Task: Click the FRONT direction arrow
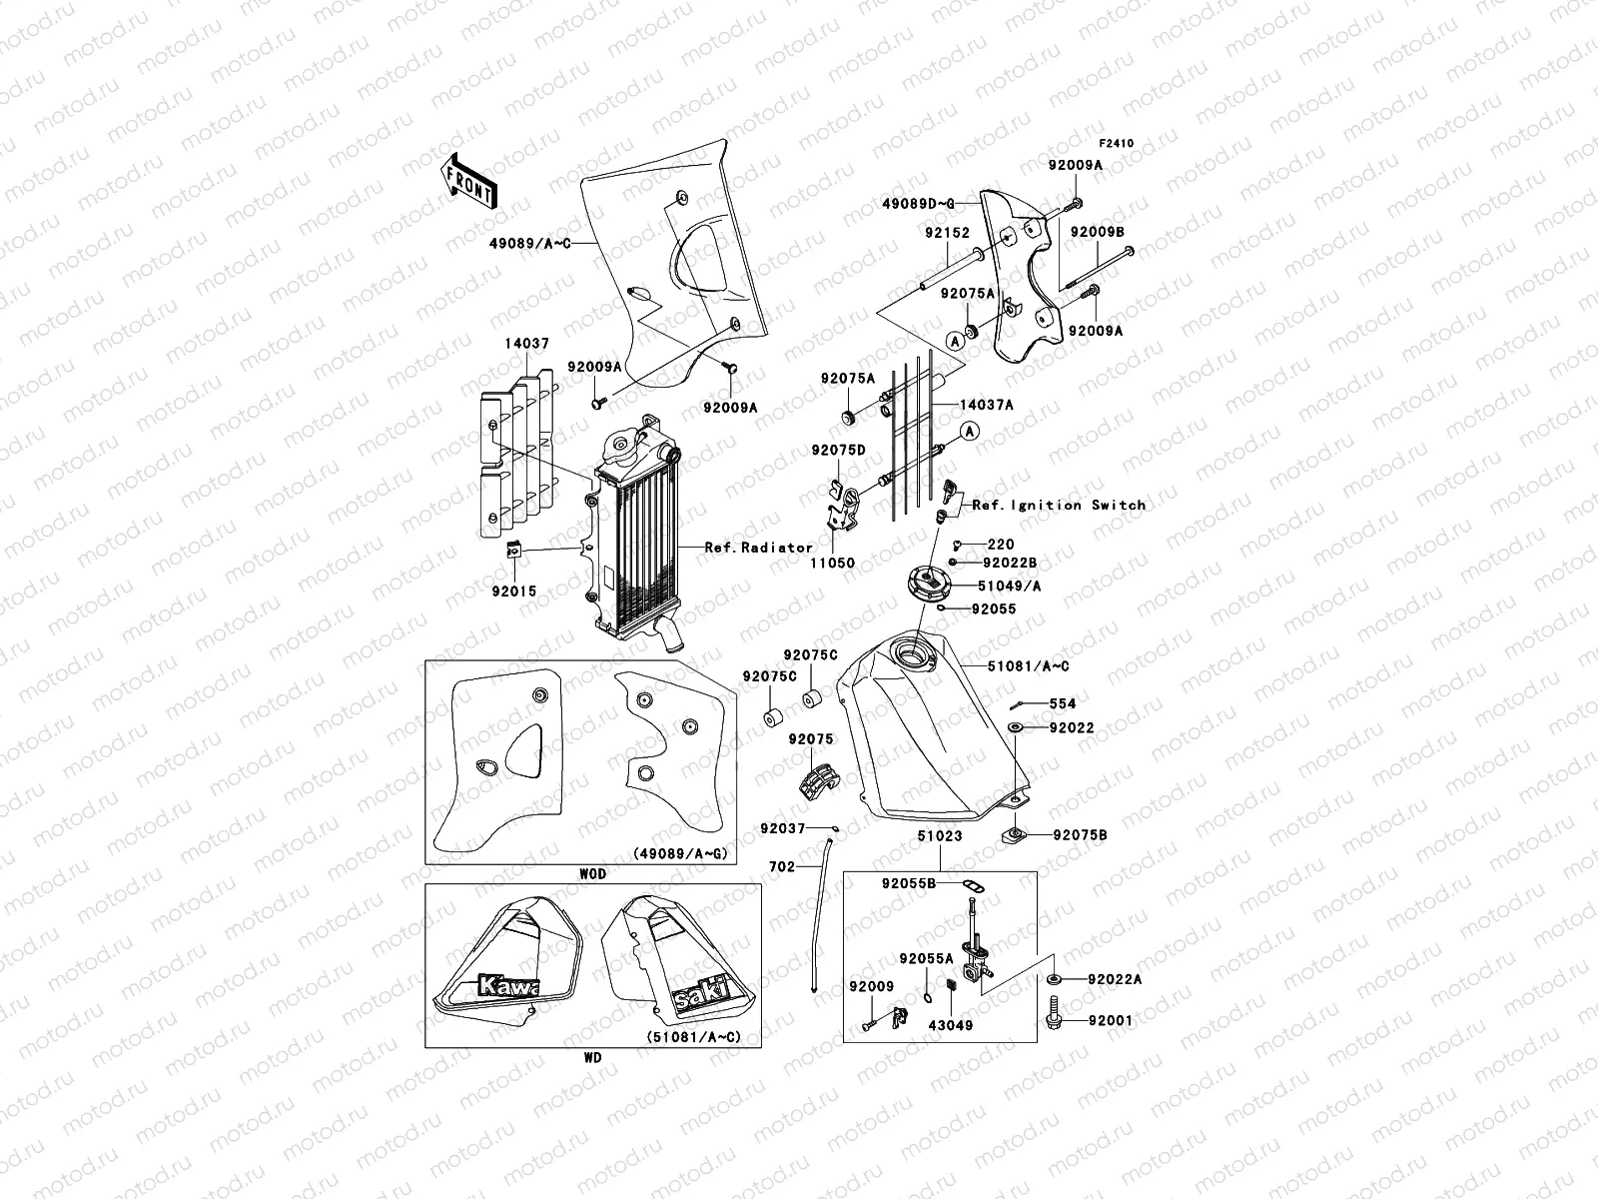(x=468, y=181)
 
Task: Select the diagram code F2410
(x=1116, y=144)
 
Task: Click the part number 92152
(x=947, y=233)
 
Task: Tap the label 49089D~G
(x=918, y=204)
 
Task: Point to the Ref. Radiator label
(x=759, y=547)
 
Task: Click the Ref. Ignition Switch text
(x=1060, y=505)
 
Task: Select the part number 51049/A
(x=1009, y=586)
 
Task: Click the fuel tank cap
(x=929, y=583)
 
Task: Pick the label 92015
(x=514, y=592)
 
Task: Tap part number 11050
(x=832, y=563)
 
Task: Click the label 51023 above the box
(x=940, y=835)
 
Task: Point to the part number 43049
(x=950, y=1025)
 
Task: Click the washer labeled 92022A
(x=1054, y=979)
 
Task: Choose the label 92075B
(x=1080, y=835)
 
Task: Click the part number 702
(x=782, y=866)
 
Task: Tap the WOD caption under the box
(x=592, y=873)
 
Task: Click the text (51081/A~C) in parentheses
(x=693, y=1037)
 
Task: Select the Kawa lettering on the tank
(x=508, y=986)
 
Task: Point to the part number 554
(x=1063, y=703)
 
